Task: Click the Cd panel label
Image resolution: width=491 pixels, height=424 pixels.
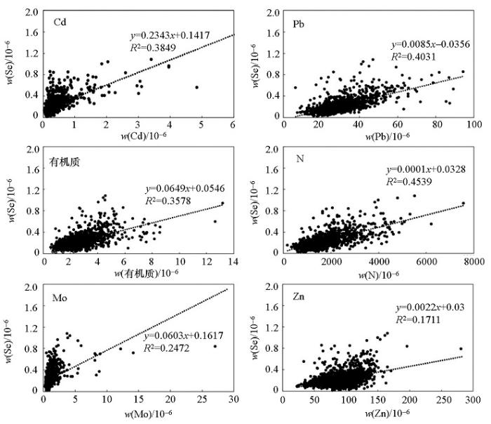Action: [61, 22]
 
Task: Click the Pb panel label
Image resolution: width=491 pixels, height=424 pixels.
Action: [298, 25]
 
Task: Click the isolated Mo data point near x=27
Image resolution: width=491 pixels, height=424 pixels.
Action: [215, 345]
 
